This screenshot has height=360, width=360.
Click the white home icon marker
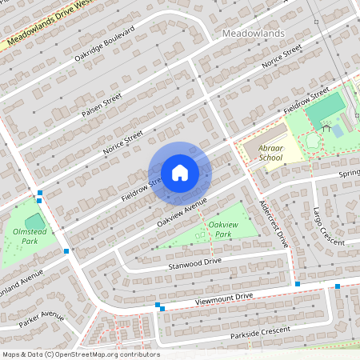(x=179, y=172)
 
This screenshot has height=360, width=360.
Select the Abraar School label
(x=265, y=153)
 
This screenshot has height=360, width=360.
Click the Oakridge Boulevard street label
(x=104, y=43)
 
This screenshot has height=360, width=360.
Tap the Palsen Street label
(x=101, y=105)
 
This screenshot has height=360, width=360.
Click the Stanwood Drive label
(x=194, y=262)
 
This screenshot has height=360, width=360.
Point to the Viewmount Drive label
(x=224, y=298)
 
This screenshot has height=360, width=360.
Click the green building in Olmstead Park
(x=34, y=221)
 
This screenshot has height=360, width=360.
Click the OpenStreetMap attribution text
(x=81, y=354)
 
